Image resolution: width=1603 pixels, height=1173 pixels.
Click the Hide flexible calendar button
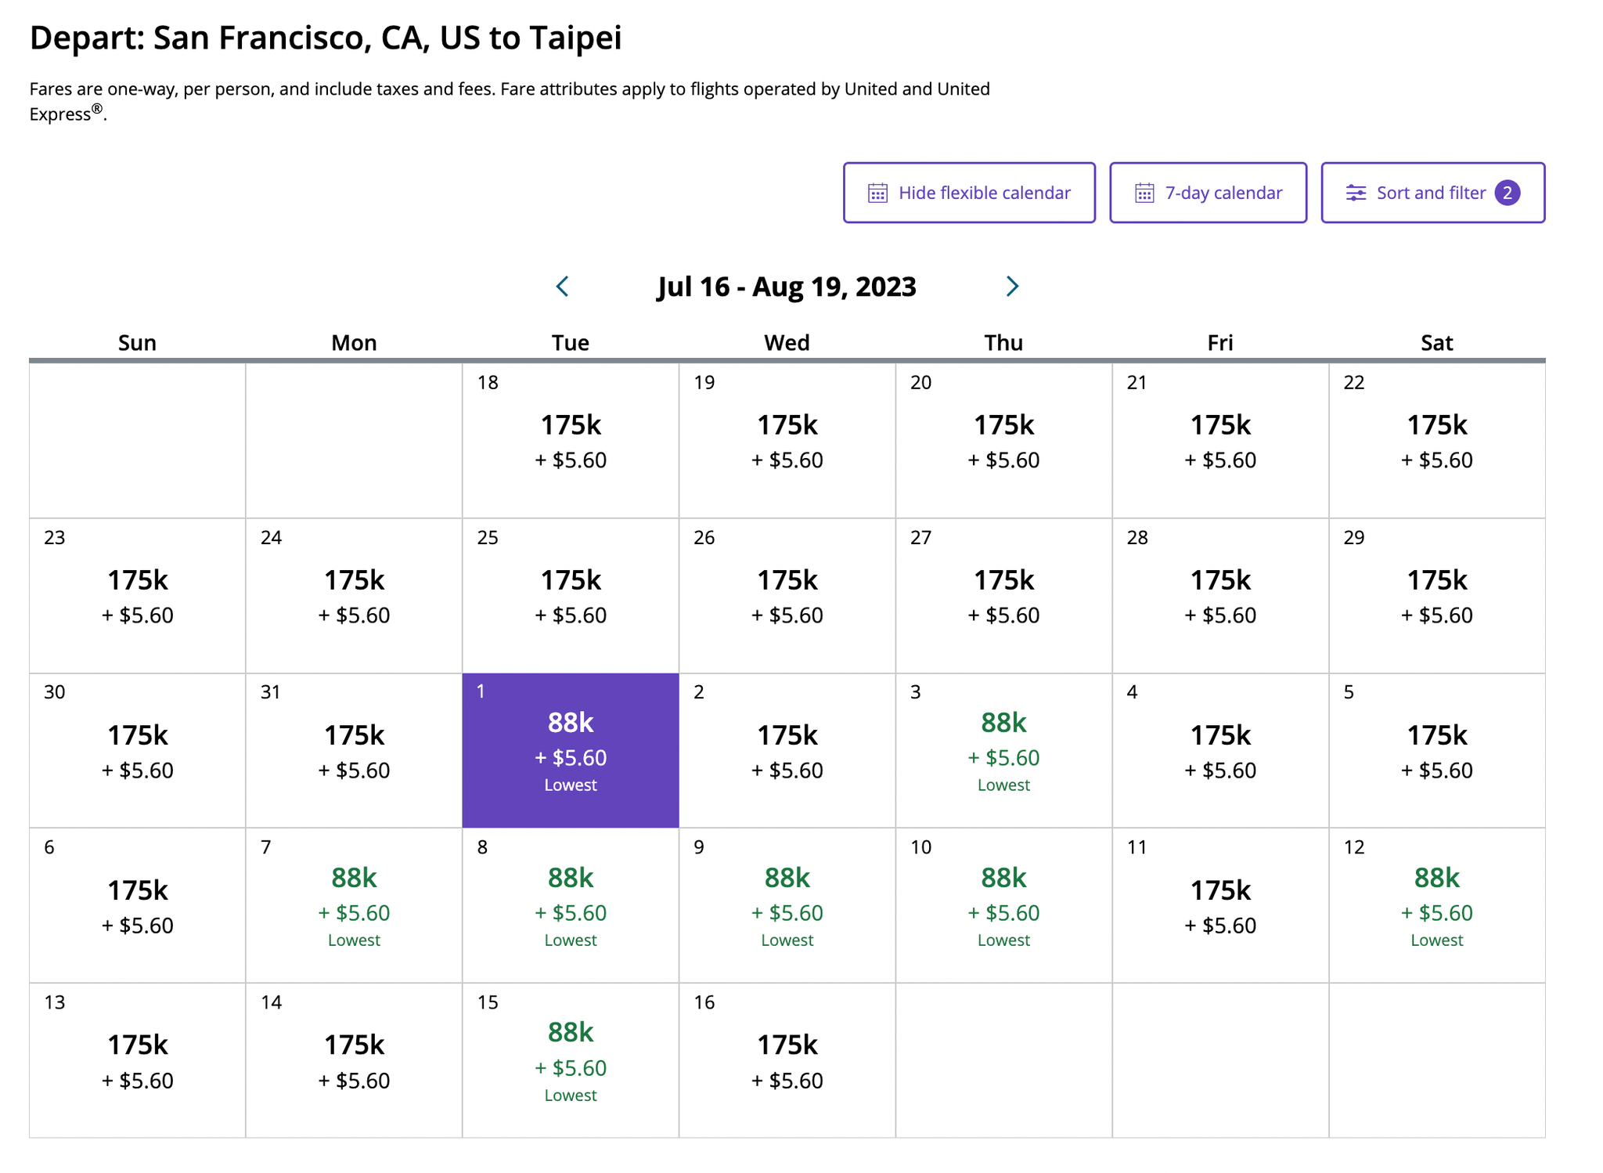click(969, 193)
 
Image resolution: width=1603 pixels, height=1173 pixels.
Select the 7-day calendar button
click(1208, 193)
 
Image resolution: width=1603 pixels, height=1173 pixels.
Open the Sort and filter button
click(1432, 193)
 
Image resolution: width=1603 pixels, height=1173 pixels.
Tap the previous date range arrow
click(562, 287)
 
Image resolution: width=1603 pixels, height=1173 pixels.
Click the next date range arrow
click(1012, 287)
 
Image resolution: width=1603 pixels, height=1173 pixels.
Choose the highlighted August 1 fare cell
click(571, 750)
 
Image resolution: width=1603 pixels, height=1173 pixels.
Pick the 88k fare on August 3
click(1003, 724)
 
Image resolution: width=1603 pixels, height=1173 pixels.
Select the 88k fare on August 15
click(571, 1033)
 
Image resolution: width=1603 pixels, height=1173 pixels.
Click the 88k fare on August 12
click(1436, 879)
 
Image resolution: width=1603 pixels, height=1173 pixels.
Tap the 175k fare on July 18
click(571, 426)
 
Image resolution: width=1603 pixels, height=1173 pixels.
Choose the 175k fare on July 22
click(1436, 426)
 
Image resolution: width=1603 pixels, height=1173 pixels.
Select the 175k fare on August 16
click(787, 1045)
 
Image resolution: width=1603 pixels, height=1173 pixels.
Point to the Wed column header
click(787, 343)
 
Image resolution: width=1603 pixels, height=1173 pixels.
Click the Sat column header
click(1436, 343)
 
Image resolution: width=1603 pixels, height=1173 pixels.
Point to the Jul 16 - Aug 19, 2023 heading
click(787, 287)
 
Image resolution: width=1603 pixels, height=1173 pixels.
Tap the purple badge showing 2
click(1508, 193)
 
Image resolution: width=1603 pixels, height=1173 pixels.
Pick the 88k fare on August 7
click(354, 879)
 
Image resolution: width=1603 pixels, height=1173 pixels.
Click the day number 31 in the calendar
click(271, 692)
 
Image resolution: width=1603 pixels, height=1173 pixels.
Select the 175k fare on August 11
click(1220, 891)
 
